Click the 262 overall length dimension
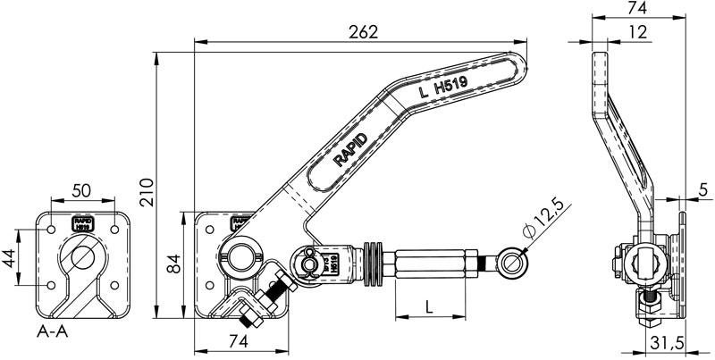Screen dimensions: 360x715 [x=364, y=30]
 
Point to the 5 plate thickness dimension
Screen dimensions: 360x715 [x=703, y=188]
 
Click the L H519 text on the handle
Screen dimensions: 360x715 [x=443, y=88]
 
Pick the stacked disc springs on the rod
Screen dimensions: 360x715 [x=375, y=261]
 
